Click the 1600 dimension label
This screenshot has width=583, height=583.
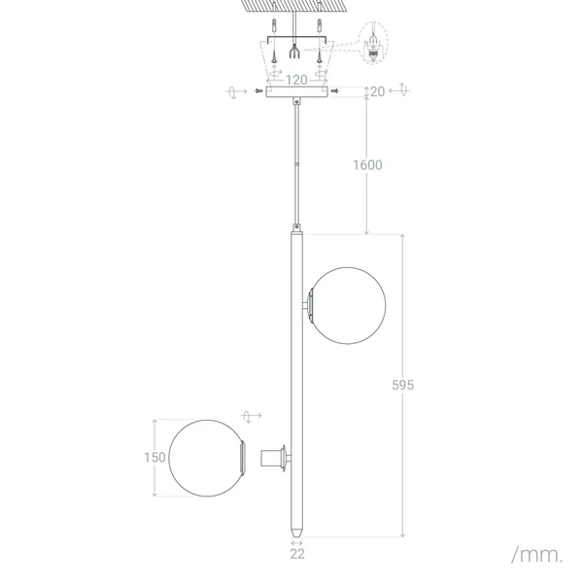[366, 164]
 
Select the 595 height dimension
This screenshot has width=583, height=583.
[403, 385]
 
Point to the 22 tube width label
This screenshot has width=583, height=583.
[297, 554]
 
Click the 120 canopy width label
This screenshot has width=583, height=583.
[295, 80]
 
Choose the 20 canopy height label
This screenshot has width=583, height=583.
[377, 91]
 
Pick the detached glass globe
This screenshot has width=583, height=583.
[205, 457]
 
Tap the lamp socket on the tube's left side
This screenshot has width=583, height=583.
[274, 457]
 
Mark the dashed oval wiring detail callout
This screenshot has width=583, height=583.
[370, 47]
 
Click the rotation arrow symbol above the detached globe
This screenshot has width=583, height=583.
[252, 416]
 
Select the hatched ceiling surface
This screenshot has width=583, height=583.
[295, 8]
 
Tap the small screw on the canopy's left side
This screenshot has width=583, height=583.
[256, 91]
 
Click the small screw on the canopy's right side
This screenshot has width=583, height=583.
[335, 91]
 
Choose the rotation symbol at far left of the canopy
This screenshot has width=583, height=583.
[234, 91]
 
